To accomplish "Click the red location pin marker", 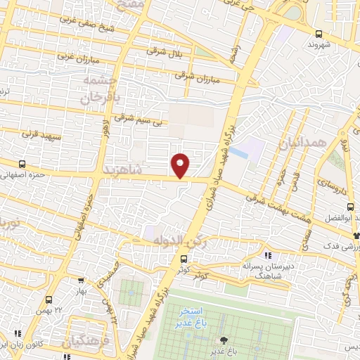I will [x=180, y=165].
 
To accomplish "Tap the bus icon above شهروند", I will [x=319, y=33].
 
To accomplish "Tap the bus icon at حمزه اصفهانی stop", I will [x=22, y=163].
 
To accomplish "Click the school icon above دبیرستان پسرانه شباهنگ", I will [x=267, y=255].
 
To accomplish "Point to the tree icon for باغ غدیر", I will [x=224, y=340].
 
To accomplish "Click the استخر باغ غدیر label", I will [x=189, y=316].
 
